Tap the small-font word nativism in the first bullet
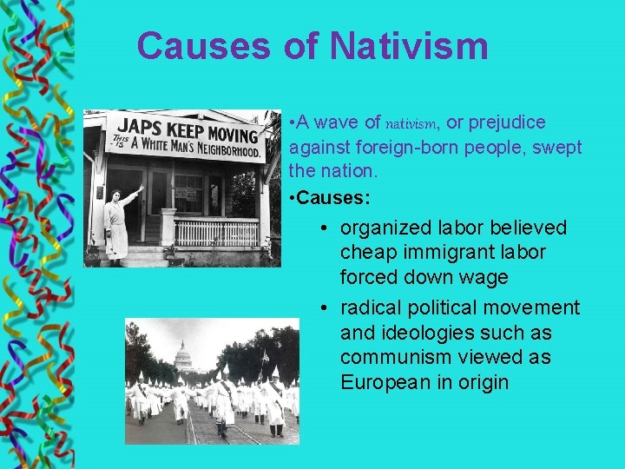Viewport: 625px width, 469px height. point(412,123)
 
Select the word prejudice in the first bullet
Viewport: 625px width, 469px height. point(508,122)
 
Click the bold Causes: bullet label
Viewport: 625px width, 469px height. point(332,198)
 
